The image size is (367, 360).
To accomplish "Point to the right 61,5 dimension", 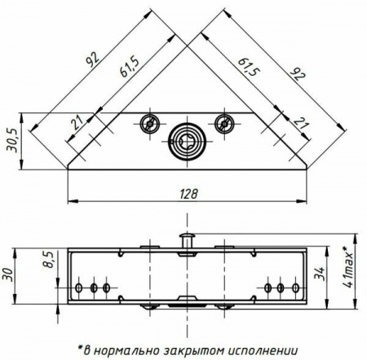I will (250, 67).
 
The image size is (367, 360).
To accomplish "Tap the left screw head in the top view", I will (150, 124).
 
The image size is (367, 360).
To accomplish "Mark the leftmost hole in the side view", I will (79, 288).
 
